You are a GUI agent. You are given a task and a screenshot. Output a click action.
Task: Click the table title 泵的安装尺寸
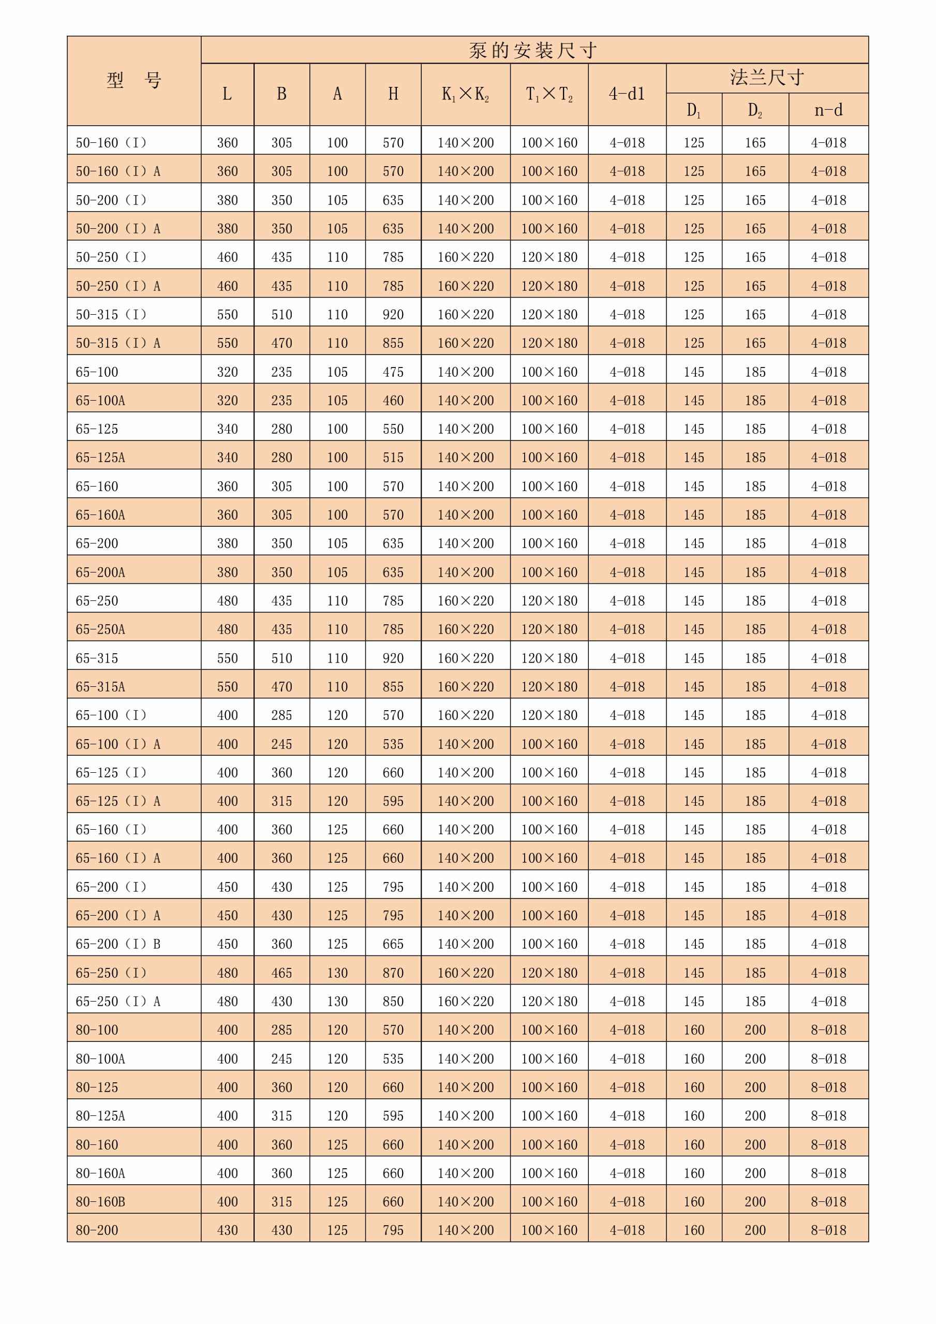(x=533, y=50)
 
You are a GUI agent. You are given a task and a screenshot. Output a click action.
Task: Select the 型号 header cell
(x=133, y=80)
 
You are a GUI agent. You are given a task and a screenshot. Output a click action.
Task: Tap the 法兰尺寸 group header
(x=767, y=77)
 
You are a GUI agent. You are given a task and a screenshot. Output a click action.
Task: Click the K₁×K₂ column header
(x=465, y=94)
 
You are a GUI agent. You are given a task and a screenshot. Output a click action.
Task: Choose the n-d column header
(x=828, y=110)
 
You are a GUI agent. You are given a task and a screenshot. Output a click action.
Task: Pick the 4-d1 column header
(x=627, y=94)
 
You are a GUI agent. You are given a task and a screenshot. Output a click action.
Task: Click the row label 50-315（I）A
(x=118, y=343)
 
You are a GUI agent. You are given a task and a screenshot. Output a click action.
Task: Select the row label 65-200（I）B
(x=118, y=944)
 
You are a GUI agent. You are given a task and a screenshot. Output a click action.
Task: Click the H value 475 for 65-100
(x=393, y=372)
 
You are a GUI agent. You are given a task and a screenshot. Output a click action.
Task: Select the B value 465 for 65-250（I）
(x=282, y=973)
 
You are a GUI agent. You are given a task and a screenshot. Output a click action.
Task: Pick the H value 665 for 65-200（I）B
(x=393, y=944)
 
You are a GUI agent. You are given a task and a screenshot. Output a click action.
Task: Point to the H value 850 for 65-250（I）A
(x=393, y=1002)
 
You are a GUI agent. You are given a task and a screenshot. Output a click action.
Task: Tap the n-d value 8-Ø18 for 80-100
(x=828, y=1030)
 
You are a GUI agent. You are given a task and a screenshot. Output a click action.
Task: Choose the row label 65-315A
(x=100, y=687)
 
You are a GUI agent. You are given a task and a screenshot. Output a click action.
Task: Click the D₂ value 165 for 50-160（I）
(x=755, y=142)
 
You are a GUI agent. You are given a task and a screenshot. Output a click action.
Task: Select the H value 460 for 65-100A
(x=393, y=400)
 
